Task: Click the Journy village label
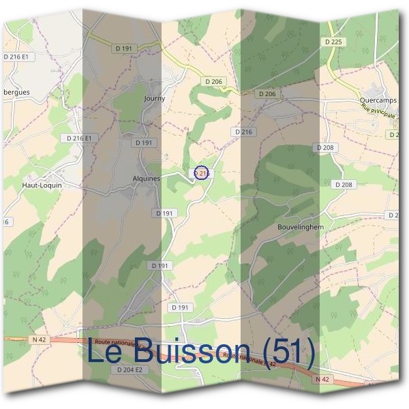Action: [x=155, y=98]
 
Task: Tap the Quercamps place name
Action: [x=378, y=100]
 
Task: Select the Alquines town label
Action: [x=146, y=179]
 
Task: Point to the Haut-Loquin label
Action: [x=42, y=185]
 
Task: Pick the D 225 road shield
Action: [x=333, y=42]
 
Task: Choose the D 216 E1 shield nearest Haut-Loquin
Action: [x=80, y=138]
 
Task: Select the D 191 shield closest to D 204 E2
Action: [x=180, y=308]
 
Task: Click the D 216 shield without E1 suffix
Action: [x=243, y=132]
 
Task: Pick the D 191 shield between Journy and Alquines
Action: [x=144, y=142]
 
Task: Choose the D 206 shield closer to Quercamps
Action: [x=267, y=93]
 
